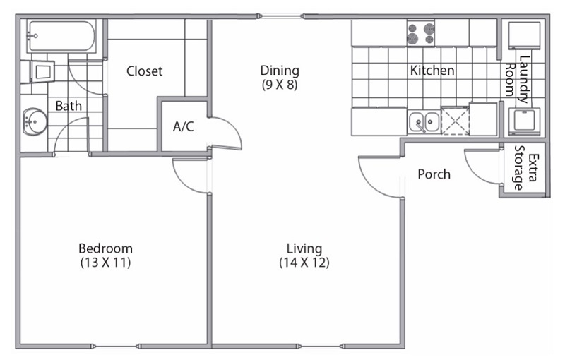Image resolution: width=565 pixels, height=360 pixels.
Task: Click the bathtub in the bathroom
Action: pyautogui.click(x=61, y=36)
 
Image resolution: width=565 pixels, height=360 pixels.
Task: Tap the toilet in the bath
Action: pyautogui.click(x=39, y=71)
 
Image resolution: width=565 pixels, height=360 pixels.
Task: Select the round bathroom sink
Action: pyautogui.click(x=33, y=122)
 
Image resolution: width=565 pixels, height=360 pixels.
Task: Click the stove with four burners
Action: pyautogui.click(x=420, y=32)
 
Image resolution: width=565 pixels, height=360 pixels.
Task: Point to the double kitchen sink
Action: pyautogui.click(x=424, y=122)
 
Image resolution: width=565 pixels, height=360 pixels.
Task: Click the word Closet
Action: pyautogui.click(x=144, y=71)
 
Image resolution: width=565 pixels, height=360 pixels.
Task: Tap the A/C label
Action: pyautogui.click(x=184, y=127)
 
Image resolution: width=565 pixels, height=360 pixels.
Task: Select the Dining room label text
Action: pyautogui.click(x=280, y=71)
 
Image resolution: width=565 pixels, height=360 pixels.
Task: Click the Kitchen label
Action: pyautogui.click(x=432, y=71)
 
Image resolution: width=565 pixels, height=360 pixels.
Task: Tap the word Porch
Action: pyautogui.click(x=434, y=174)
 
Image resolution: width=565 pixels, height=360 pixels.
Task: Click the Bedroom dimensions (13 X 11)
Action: pyautogui.click(x=105, y=263)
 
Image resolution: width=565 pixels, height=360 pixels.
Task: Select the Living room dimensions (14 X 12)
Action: pyautogui.click(x=304, y=263)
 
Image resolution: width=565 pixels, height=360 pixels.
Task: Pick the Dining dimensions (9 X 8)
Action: pyautogui.click(x=280, y=85)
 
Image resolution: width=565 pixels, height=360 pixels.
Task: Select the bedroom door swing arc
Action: pyautogui.click(x=189, y=175)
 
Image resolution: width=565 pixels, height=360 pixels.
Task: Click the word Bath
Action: pyautogui.click(x=69, y=107)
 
